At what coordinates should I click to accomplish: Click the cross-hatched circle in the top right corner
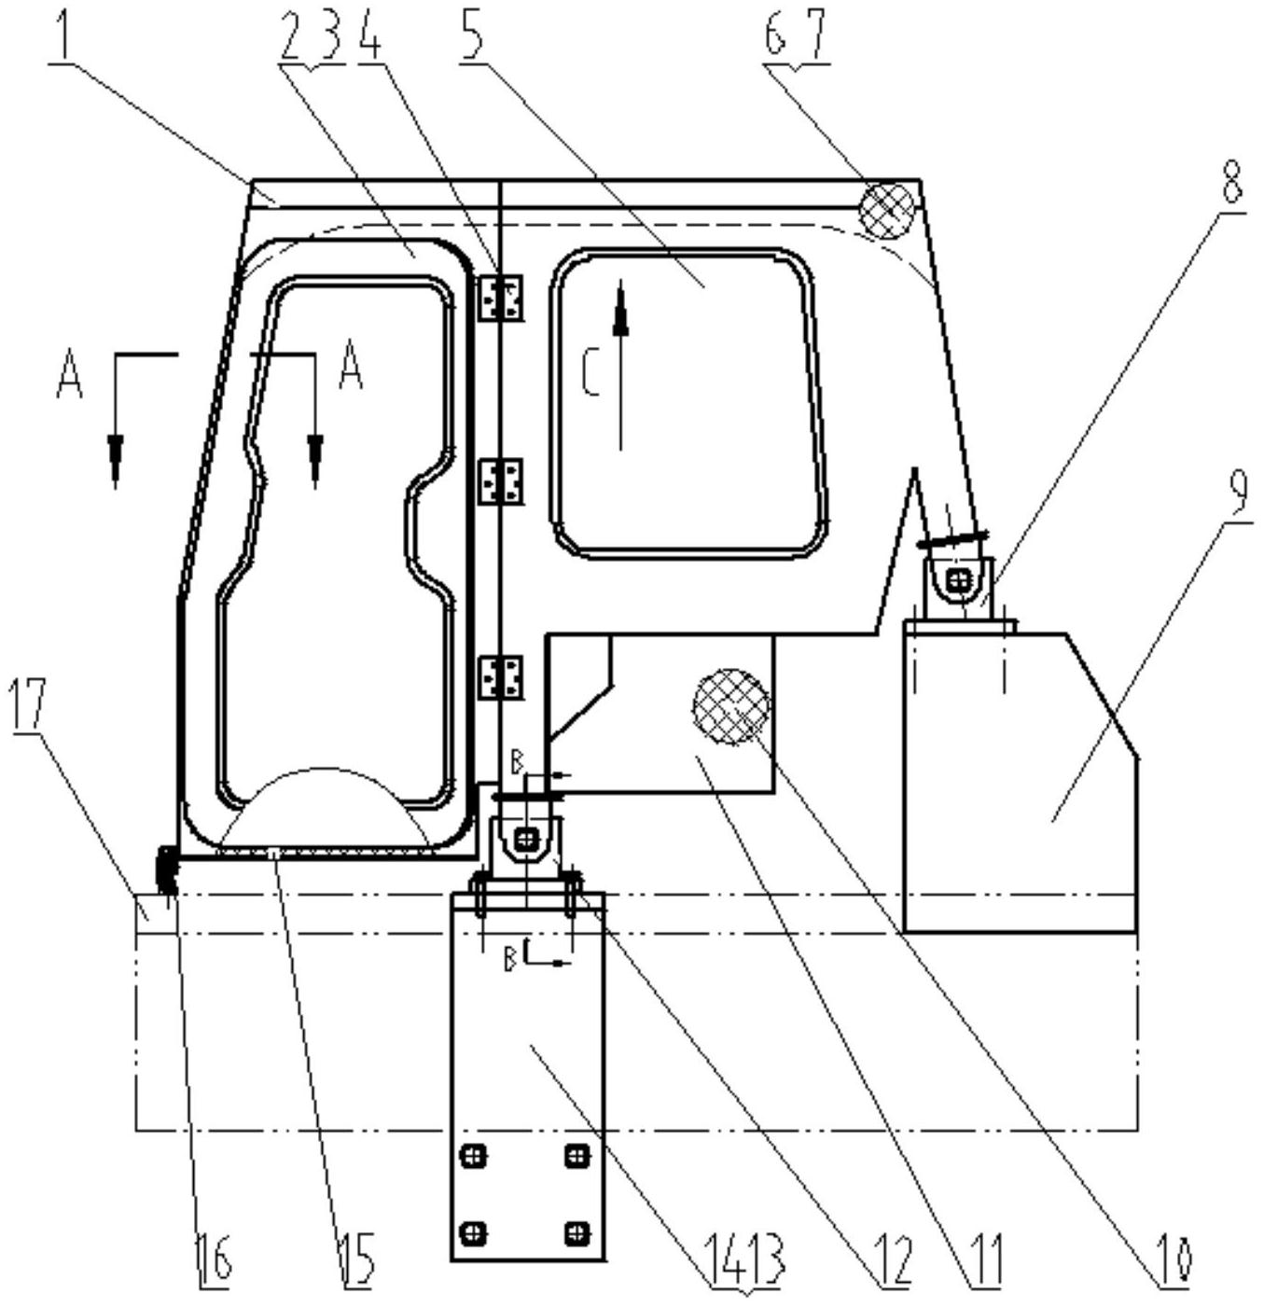click(x=888, y=210)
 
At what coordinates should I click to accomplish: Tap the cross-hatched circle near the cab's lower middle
click(x=730, y=706)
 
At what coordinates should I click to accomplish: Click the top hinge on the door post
click(x=500, y=298)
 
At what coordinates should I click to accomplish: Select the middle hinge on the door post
click(x=500, y=480)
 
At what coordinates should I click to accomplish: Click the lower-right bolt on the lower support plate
click(x=576, y=1232)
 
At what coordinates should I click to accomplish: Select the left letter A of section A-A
click(x=69, y=375)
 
